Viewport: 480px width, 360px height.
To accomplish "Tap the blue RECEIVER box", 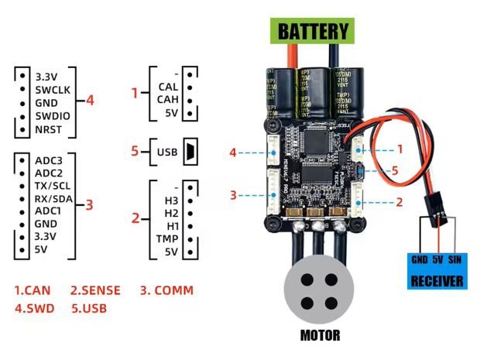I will [x=436, y=272].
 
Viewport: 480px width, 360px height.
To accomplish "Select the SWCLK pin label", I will [x=53, y=89].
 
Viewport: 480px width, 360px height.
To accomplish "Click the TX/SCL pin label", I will [x=54, y=187].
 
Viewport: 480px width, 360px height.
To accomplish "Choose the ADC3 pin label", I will [x=50, y=160].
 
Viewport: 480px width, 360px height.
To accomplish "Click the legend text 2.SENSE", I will [x=95, y=290].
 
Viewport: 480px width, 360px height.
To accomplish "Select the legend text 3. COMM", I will [x=166, y=290].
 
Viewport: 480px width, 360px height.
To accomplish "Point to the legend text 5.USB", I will [x=88, y=308].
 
